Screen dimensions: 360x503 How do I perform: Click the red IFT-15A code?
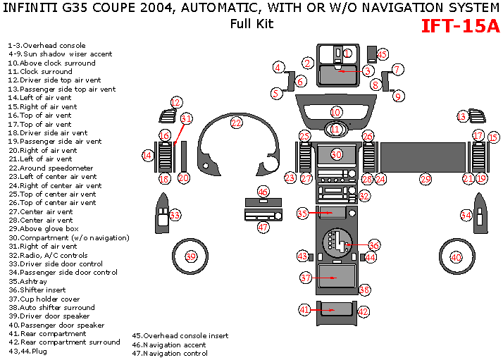[460, 26]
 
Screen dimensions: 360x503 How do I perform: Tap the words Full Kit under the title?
[252, 23]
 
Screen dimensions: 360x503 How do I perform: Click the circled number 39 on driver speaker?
[190, 257]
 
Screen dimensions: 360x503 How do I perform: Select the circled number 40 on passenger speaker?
[457, 257]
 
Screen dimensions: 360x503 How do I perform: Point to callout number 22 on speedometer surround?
[236, 123]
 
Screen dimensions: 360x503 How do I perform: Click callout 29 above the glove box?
[425, 180]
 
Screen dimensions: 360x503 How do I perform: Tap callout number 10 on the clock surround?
[335, 112]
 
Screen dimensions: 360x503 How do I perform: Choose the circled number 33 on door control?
[175, 215]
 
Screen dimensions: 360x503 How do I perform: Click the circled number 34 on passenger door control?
[466, 215]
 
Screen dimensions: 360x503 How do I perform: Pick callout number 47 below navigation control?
[263, 228]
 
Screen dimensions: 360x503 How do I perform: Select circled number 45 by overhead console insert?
[383, 54]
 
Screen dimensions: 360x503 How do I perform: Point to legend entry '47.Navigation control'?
[170, 354]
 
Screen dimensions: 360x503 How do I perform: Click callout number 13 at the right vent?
[462, 116]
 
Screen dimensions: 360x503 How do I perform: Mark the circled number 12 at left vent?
[176, 102]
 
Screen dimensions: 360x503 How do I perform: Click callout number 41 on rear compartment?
[304, 309]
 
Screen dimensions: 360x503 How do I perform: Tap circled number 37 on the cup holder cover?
[306, 278]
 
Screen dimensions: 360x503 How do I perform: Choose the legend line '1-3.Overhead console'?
[46, 46]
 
